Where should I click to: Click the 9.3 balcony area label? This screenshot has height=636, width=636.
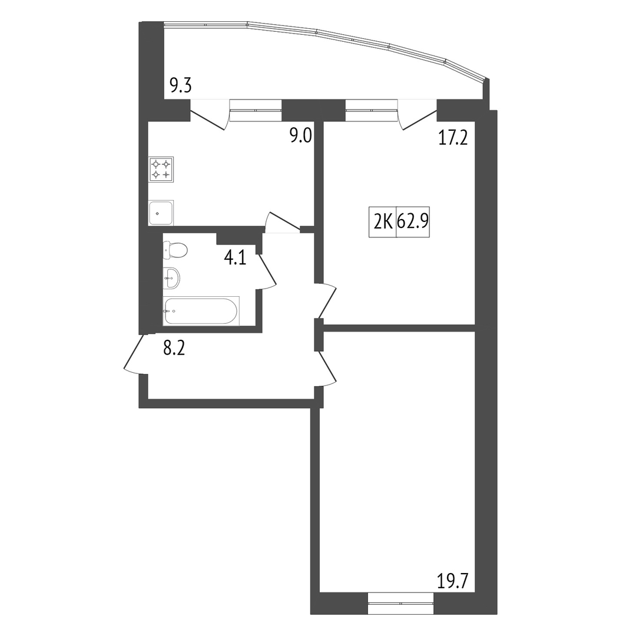coord(181,86)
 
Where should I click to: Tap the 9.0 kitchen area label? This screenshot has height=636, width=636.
coord(300,135)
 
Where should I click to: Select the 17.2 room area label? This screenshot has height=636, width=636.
coord(453,138)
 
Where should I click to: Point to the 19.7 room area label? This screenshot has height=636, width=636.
coord(453,582)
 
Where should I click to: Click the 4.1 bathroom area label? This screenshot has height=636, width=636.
coord(235,258)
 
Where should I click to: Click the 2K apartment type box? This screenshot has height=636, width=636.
coord(382,222)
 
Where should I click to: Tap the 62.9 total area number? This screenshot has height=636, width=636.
coord(413,222)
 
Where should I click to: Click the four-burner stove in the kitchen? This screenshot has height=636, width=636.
coord(161,170)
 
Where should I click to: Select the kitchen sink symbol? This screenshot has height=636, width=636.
coord(161,213)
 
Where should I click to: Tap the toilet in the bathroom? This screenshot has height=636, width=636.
coord(175,250)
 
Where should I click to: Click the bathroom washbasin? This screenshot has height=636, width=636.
coord(171,278)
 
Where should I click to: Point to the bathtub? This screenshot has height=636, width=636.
coord(201,311)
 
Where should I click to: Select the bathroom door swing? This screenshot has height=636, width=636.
coord(266,269)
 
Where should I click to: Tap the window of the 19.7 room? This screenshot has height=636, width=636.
coord(401,603)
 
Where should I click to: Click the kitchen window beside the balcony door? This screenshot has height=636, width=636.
coord(256,110)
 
